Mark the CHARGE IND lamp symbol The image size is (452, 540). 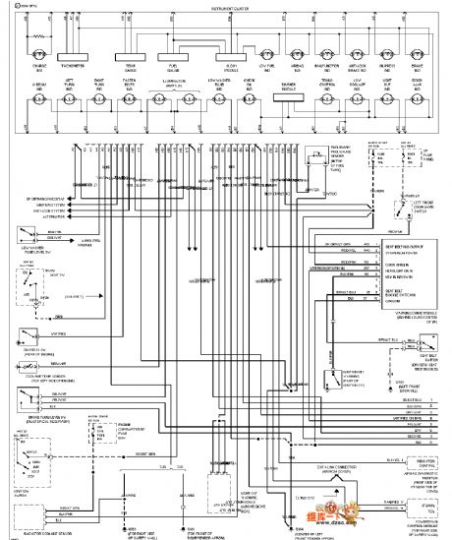(39, 55)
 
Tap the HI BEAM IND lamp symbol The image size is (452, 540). (39, 98)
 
